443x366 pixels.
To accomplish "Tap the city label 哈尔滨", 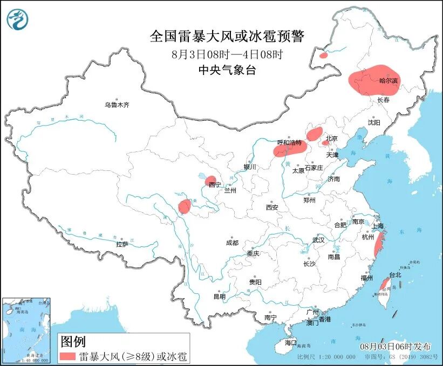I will pos(389,81).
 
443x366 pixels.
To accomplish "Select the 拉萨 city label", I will pos(122,244).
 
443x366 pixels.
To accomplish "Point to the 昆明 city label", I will pos(219,296).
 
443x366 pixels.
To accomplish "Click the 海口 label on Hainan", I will pos(291,342).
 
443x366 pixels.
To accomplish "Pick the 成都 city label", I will pos(232,243).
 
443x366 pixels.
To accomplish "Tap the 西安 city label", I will pos(271,207).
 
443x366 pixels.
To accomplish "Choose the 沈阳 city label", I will pos(374,122).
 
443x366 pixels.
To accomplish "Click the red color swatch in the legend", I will pos(67,356).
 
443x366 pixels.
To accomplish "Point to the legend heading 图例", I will pos(73,341).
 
